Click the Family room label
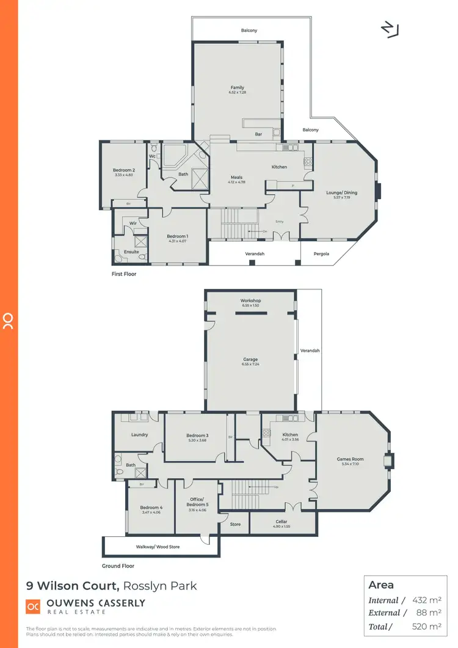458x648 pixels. point(237,87)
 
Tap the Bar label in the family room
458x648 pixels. point(258,134)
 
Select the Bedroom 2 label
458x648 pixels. point(123,170)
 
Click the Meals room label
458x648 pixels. point(236,177)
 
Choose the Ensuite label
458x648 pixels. point(131,252)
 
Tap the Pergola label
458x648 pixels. point(321,252)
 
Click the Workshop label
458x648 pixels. point(250,300)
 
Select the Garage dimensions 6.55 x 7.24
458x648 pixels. point(250,365)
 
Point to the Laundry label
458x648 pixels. point(140,435)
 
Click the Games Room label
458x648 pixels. point(350,459)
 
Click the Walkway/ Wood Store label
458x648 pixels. point(158,547)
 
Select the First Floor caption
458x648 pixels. point(124,274)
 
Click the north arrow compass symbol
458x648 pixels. point(389,29)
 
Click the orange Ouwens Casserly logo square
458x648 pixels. point(33,606)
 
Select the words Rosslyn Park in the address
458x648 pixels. point(160,586)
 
